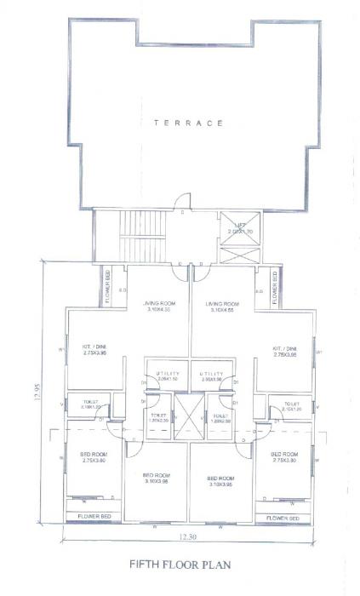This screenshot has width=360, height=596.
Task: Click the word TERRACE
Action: [188, 123]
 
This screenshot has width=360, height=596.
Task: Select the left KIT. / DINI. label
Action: [94, 352]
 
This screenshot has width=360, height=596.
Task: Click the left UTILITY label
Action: [165, 376]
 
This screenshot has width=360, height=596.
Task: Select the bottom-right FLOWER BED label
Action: [283, 516]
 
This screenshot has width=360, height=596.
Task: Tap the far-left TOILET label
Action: [92, 403]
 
